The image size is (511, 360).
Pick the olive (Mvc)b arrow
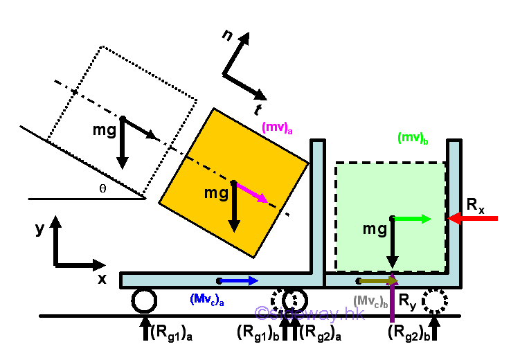click(378, 280)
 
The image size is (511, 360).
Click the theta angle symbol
click(102, 188)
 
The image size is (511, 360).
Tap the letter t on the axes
click(258, 109)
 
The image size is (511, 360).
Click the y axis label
click(39, 229)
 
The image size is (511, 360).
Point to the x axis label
click(102, 279)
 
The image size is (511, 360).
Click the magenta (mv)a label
click(276, 127)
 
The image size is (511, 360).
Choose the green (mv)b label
click(413, 138)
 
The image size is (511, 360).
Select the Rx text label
click(476, 204)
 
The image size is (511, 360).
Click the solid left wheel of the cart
click(144, 301)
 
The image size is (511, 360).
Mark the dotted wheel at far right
click(435, 301)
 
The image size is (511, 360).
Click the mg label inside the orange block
click(216, 193)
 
